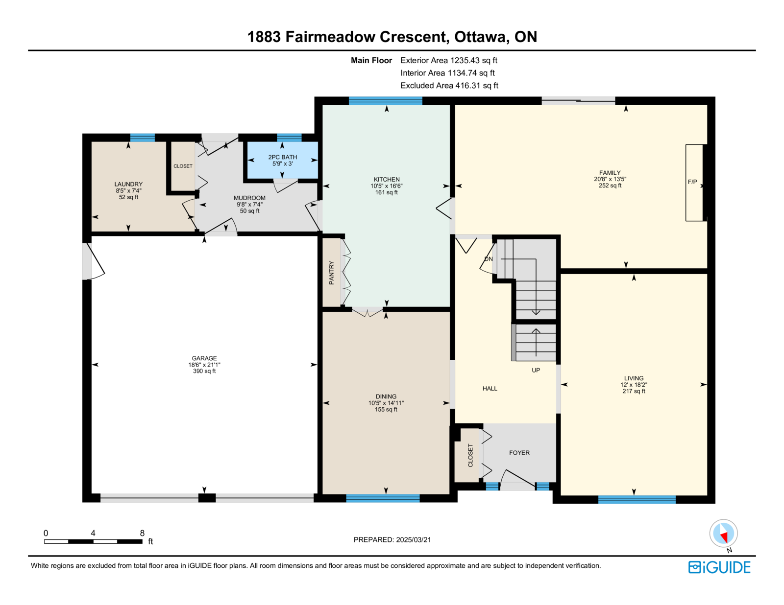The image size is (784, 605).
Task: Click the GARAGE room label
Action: [204, 358]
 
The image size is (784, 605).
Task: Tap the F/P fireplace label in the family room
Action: [692, 182]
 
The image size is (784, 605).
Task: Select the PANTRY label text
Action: [332, 273]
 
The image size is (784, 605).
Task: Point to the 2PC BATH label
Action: [283, 157]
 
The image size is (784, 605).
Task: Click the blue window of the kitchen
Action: [385, 101]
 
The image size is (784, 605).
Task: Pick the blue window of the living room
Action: [637, 499]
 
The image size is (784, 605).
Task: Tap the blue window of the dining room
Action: [383, 498]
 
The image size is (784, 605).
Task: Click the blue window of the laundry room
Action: [143, 138]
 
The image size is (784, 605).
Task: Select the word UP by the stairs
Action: [536, 370]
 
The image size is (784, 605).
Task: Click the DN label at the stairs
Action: [488, 259]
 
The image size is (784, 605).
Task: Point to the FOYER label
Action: [519, 453]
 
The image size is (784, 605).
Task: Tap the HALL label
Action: [490, 389]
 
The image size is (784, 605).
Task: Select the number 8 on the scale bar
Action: [142, 533]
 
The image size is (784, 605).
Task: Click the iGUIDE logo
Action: [719, 567]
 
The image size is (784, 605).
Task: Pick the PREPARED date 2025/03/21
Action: [414, 540]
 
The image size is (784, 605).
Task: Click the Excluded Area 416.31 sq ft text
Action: [449, 85]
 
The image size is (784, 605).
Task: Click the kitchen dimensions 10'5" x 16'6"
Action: [387, 186]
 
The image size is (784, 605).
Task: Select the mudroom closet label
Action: [183, 166]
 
